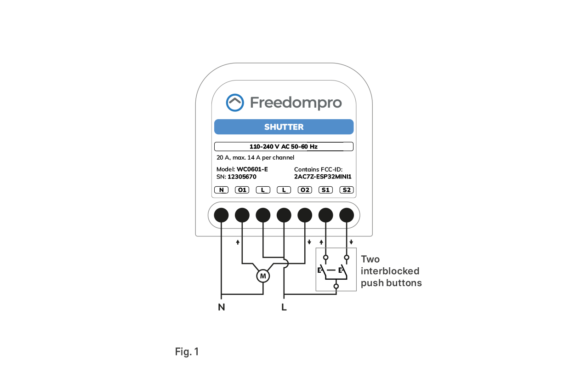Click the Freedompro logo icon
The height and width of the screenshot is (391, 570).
235,103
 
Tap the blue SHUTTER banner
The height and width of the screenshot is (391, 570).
284,127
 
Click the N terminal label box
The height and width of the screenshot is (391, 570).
221,190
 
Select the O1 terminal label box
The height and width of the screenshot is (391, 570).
242,190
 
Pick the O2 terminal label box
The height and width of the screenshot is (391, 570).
304,190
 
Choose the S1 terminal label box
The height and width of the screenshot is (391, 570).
325,190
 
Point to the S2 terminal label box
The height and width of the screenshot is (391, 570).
346,190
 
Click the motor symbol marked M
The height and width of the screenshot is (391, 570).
263,276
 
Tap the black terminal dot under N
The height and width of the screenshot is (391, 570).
222,215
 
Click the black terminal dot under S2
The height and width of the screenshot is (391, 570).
347,215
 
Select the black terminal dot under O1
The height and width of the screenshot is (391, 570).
242,215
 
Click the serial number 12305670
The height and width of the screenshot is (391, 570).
242,177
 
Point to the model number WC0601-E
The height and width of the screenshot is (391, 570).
252,169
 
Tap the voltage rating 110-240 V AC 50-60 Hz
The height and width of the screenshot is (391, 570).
283,147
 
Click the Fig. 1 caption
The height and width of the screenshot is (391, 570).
187,352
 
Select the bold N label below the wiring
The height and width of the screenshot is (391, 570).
222,307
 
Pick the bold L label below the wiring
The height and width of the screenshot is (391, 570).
284,307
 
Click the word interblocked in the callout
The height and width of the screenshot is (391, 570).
390,271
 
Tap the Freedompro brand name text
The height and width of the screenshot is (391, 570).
296,103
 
